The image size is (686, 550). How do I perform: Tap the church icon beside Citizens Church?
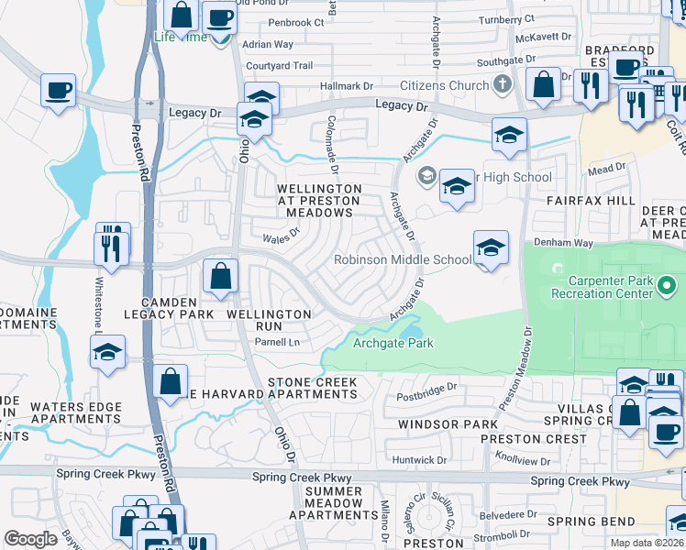pyautogui.click(x=501, y=85)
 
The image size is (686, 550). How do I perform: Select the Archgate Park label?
pyautogui.click(x=393, y=344)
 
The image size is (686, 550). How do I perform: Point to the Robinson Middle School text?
pyautogui.click(x=403, y=259)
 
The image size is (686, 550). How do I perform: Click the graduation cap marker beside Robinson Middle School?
pyautogui.click(x=491, y=247)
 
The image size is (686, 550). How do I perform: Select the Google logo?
pyautogui.click(x=30, y=539)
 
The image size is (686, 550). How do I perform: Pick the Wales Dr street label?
pyautogui.click(x=282, y=236)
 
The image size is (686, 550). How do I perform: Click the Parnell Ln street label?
pyautogui.click(x=278, y=342)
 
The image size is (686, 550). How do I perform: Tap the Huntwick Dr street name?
pyautogui.click(x=418, y=459)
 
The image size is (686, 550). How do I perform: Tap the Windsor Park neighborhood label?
pyautogui.click(x=448, y=424)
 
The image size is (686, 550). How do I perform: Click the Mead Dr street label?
pyautogui.click(x=606, y=169)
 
